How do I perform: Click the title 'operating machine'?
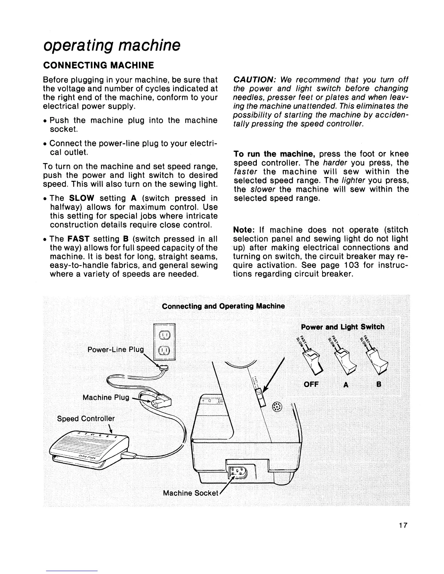coord(111,46)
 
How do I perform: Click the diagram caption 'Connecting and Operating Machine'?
coord(223,306)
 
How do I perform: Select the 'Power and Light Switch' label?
coord(342,327)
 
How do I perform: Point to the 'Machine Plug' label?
coord(106,398)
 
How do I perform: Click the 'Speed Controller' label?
coord(86,419)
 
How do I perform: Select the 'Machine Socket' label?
coord(190,493)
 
